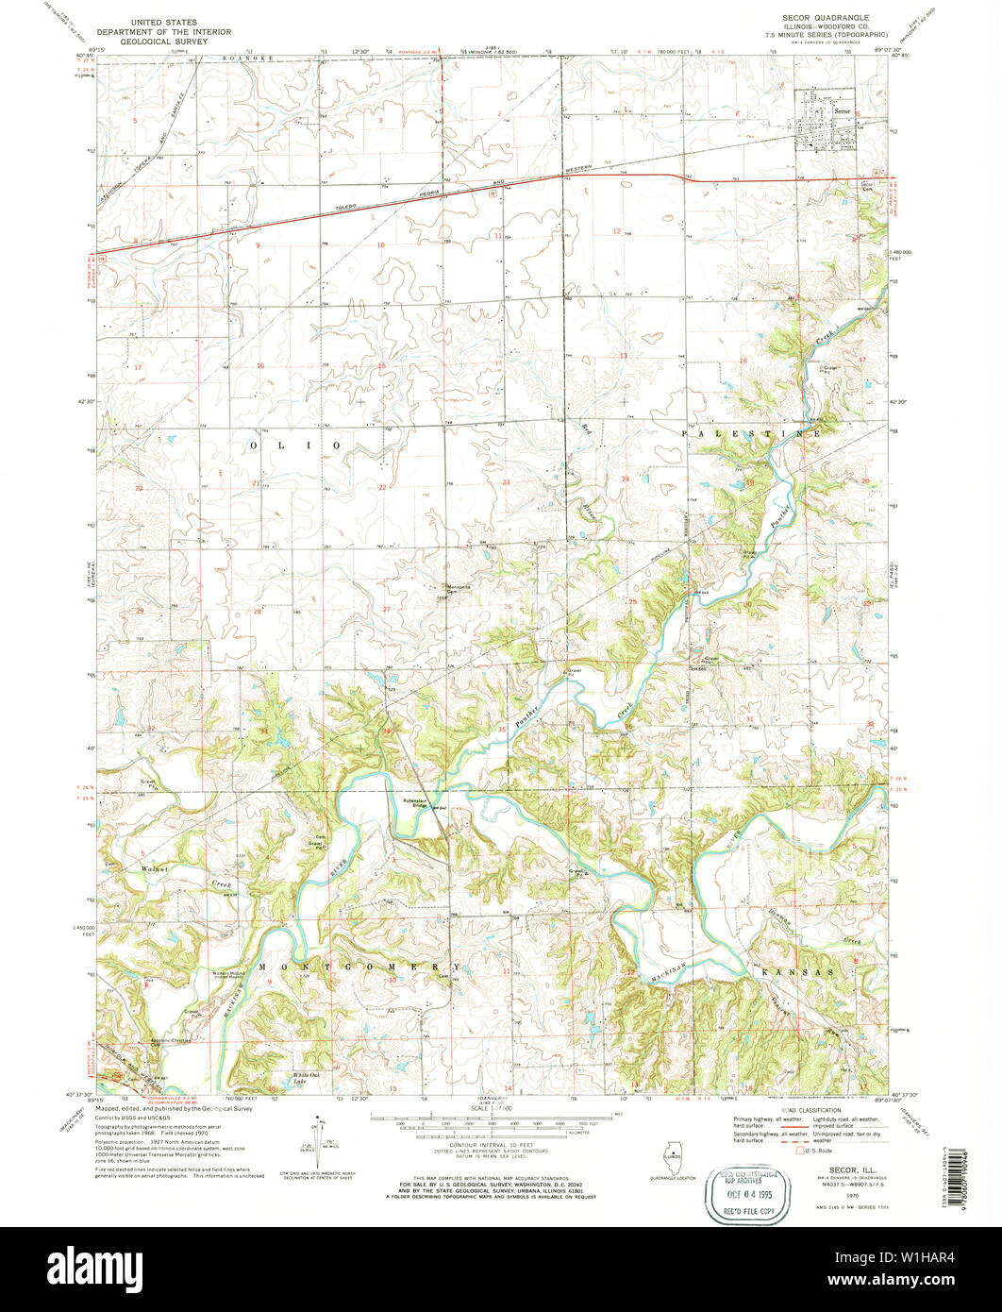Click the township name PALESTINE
[751, 432]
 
